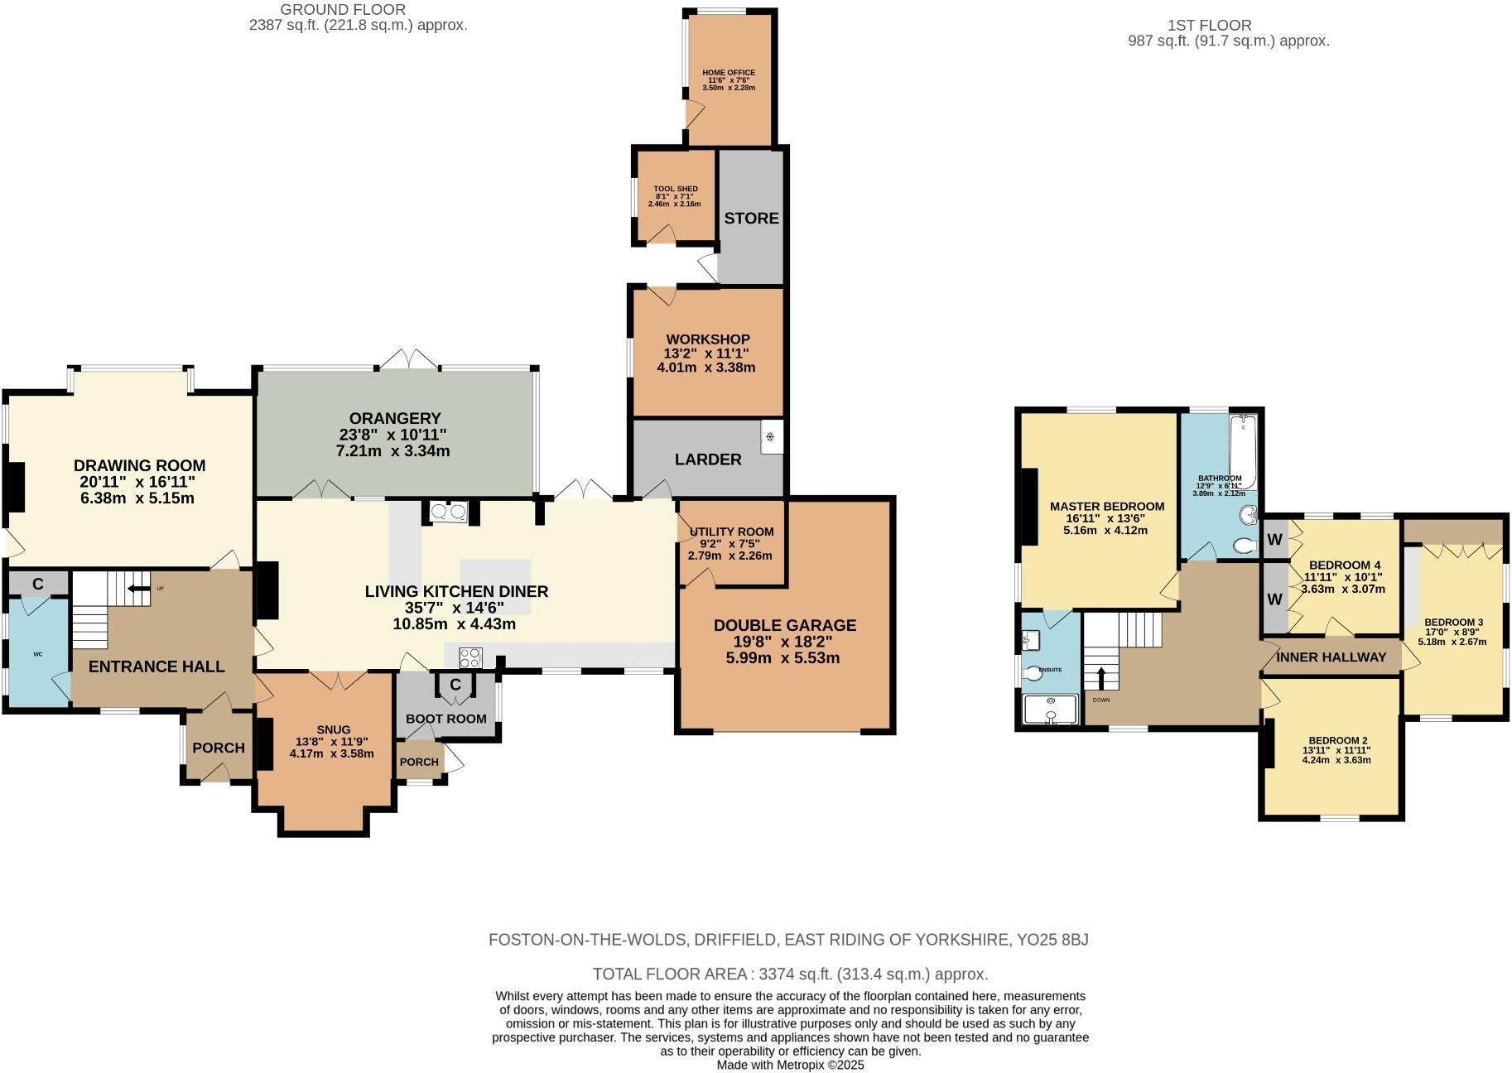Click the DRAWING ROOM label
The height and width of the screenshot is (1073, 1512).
point(139,466)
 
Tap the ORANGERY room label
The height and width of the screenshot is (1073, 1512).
point(395,419)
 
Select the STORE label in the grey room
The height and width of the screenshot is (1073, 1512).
point(751,219)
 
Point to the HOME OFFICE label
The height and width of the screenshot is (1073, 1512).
point(729,73)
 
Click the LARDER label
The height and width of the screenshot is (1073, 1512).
point(708,460)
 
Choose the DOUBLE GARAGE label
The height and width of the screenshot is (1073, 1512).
point(785,626)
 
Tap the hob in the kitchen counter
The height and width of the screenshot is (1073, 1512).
point(470,658)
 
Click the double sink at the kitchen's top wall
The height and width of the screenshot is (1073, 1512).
point(448,512)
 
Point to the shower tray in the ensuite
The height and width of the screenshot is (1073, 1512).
point(1050,710)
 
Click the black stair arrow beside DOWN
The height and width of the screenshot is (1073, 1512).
point(1100,677)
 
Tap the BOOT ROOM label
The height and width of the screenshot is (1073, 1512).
point(446,719)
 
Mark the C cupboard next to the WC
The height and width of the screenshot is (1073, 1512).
point(38,584)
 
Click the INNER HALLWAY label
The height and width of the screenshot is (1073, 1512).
point(1331,657)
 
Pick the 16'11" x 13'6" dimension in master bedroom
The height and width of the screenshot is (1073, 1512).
point(1105,518)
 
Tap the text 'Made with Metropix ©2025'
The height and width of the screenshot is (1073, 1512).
point(790,1065)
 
